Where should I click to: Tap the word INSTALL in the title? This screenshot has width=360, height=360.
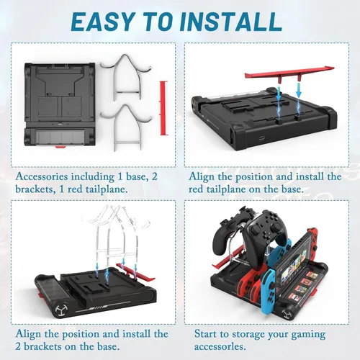[x=230, y=22]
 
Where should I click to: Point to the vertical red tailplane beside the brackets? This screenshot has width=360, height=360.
[x=163, y=108]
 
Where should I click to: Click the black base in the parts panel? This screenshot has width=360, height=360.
[x=60, y=104]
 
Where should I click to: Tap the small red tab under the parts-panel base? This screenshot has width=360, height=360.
[x=60, y=146]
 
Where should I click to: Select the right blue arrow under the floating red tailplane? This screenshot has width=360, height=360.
[x=299, y=89]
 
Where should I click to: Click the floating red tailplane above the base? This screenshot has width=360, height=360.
[x=289, y=73]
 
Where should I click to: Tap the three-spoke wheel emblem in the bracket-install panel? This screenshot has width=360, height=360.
[x=60, y=310]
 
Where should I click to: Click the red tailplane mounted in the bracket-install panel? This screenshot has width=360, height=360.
[x=135, y=272]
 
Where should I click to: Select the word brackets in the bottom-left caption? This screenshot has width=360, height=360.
[x=42, y=346]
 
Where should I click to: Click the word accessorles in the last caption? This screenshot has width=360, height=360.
[x=220, y=346]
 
